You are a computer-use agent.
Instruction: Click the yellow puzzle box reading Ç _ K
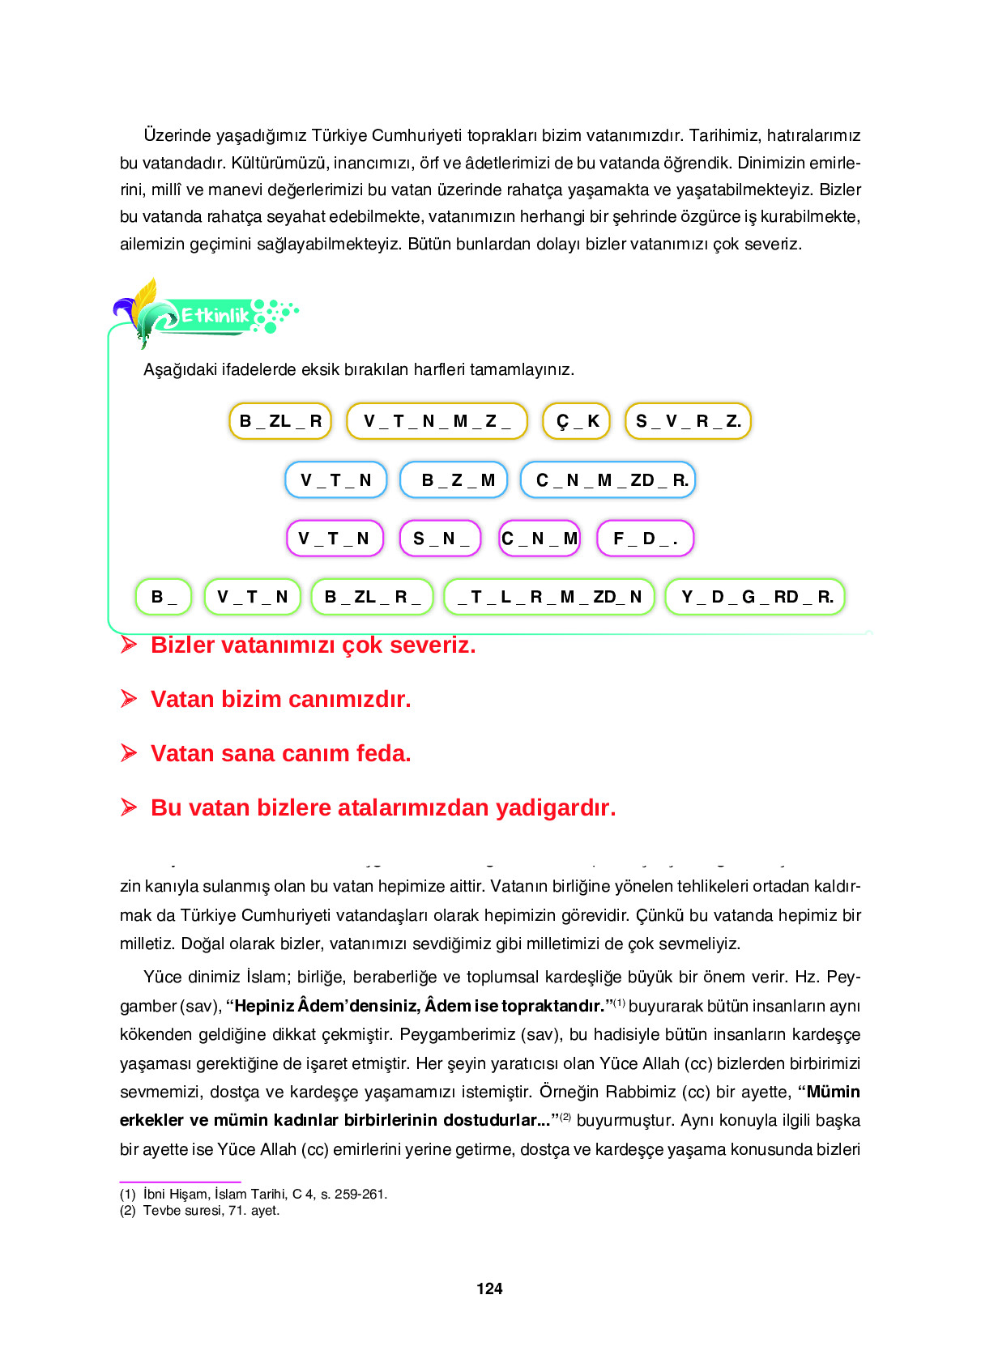(x=576, y=421)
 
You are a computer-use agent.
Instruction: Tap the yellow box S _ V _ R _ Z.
(x=688, y=421)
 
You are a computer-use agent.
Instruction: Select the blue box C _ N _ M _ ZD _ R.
(x=608, y=480)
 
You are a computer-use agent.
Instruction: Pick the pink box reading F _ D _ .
(x=645, y=539)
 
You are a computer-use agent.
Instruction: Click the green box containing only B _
(x=164, y=597)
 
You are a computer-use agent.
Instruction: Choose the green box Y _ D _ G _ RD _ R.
(x=755, y=597)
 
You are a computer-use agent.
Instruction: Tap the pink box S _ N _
(x=441, y=539)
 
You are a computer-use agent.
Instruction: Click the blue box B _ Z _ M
(x=454, y=480)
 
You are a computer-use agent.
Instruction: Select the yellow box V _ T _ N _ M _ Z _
(x=437, y=421)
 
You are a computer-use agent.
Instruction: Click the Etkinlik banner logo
(x=215, y=315)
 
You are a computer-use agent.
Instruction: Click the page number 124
(x=489, y=1288)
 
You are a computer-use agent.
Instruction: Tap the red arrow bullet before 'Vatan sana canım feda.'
(x=129, y=753)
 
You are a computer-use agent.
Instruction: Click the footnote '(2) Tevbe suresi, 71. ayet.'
(x=200, y=1211)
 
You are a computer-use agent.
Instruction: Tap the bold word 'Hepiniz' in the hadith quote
(x=264, y=1006)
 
